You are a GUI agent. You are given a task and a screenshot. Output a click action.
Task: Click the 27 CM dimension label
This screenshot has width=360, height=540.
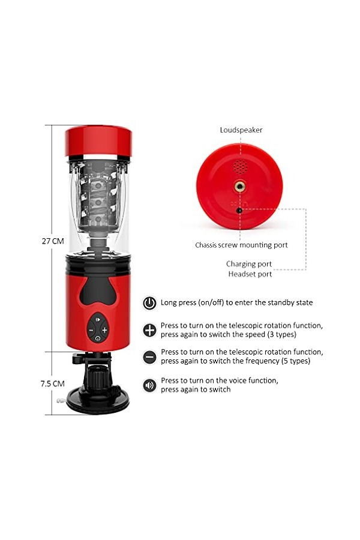(x=53, y=241)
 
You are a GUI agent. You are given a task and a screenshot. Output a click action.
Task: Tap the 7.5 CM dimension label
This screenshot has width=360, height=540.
(x=52, y=383)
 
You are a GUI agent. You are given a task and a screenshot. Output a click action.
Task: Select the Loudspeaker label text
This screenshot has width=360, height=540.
(x=241, y=130)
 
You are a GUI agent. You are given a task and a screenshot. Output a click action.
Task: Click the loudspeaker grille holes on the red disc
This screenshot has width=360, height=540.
(x=240, y=167)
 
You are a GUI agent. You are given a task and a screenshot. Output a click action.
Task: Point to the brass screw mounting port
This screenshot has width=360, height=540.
(x=240, y=187)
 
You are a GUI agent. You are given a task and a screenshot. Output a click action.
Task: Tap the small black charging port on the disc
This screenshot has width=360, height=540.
(x=239, y=210)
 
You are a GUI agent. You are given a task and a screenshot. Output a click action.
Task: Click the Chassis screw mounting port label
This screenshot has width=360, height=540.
(x=241, y=245)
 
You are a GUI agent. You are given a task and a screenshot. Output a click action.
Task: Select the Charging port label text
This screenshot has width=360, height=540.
(x=249, y=264)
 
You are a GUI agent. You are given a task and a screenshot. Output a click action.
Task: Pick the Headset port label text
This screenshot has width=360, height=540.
(x=250, y=274)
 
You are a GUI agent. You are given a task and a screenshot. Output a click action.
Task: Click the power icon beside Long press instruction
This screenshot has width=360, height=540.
(x=149, y=303)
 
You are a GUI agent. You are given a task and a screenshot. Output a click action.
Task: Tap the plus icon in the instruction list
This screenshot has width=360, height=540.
(x=149, y=330)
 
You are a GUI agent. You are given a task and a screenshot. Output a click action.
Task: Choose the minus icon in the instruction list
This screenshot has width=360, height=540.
(x=149, y=357)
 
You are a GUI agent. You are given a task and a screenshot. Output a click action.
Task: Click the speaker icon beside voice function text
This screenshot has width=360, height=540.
(x=149, y=385)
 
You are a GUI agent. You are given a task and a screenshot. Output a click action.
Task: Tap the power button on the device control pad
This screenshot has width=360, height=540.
(x=97, y=338)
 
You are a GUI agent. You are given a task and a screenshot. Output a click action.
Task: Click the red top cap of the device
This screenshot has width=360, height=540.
(x=98, y=142)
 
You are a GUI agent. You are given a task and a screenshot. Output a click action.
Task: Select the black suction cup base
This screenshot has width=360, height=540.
(x=98, y=400)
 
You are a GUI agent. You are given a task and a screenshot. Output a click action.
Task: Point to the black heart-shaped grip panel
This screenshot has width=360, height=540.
(x=98, y=290)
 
